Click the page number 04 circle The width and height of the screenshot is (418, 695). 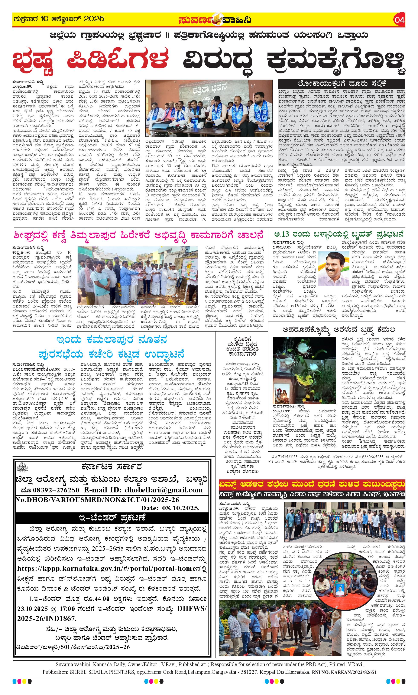coord(399,20)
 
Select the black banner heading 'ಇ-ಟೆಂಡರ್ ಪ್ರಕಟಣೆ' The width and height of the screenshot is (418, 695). coord(112,517)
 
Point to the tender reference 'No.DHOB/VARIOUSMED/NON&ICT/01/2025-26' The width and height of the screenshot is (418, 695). coord(97,500)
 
